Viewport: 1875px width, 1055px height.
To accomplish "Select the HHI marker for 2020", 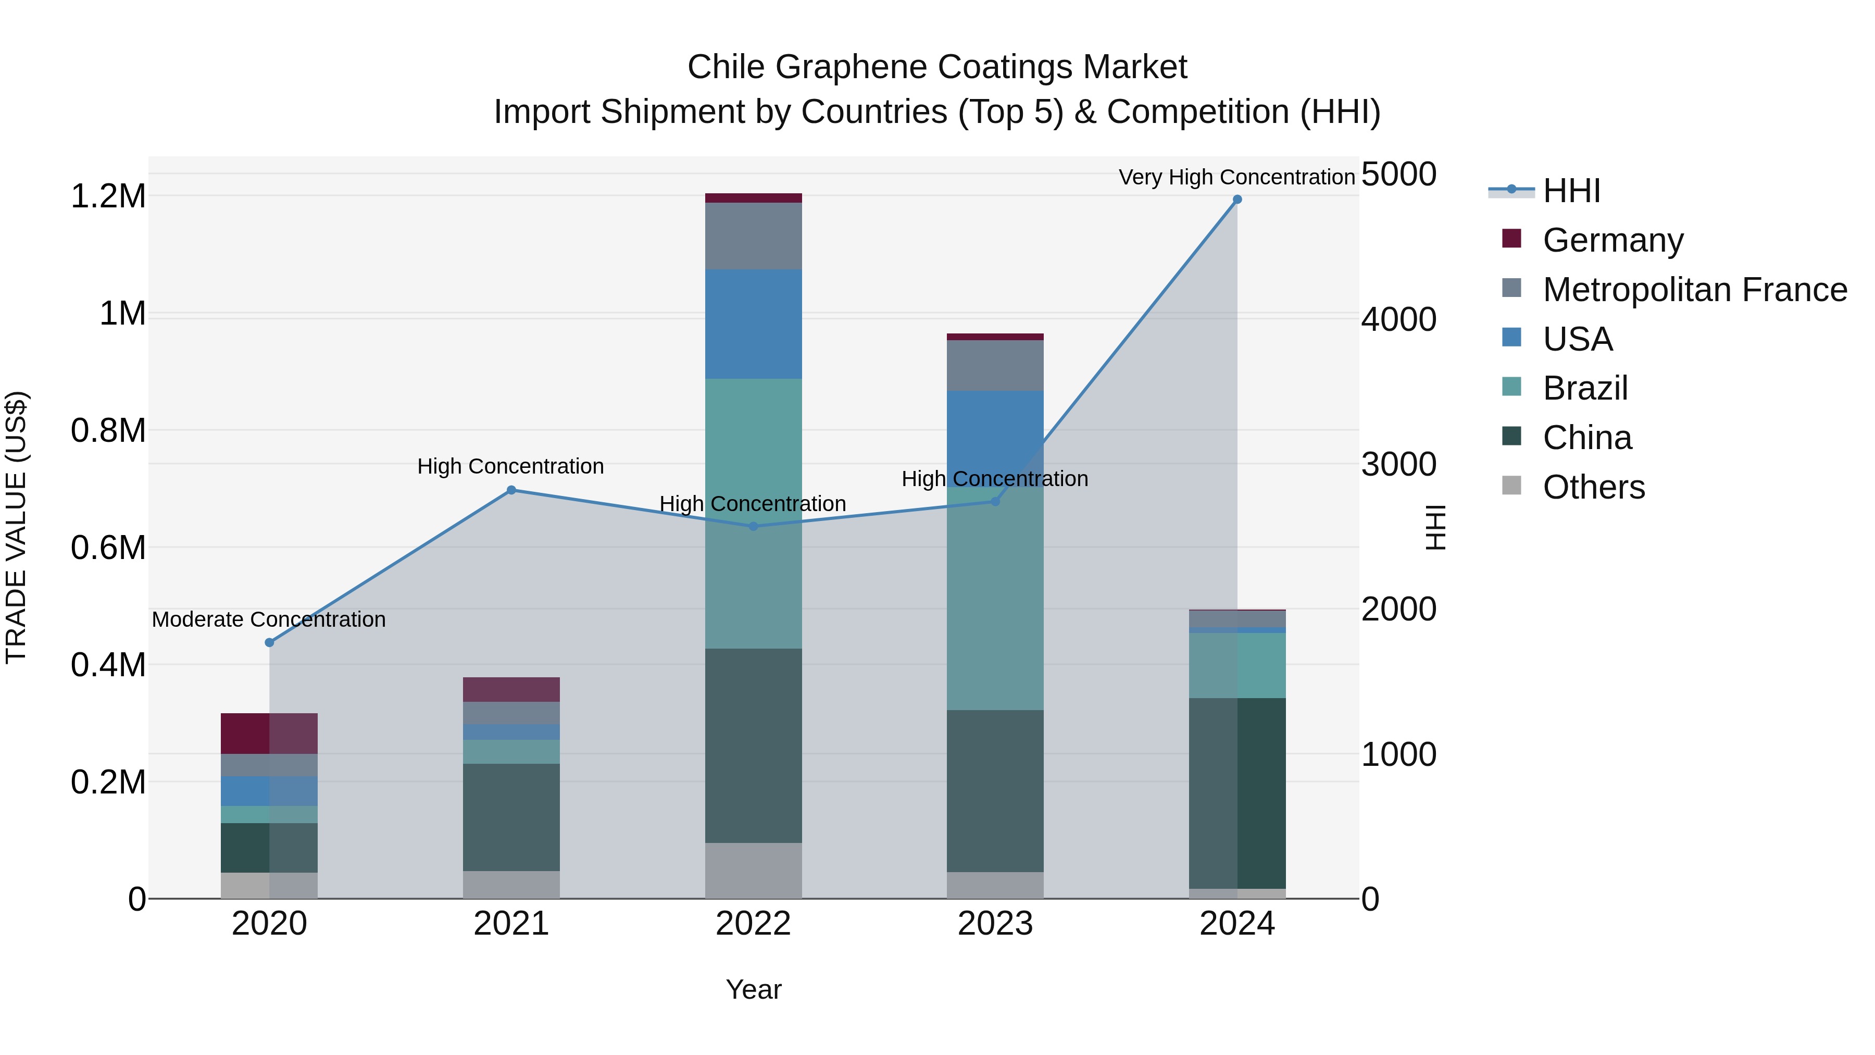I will tap(269, 642).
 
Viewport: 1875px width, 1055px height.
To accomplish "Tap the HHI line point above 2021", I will tap(511, 490).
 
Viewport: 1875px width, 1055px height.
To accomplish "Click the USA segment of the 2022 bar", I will tap(753, 324).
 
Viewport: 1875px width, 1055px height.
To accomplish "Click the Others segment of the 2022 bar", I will tap(753, 870).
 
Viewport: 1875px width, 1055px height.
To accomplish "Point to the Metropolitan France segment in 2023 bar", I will tap(995, 366).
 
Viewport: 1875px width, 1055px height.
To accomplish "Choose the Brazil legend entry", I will tap(1584, 388).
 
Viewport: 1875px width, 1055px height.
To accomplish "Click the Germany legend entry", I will tap(1612, 240).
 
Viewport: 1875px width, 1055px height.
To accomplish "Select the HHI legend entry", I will tap(1571, 191).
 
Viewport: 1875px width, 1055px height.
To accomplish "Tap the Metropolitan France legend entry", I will tap(1694, 290).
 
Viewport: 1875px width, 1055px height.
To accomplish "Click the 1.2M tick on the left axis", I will tap(108, 196).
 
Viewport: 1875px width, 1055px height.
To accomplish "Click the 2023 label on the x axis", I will tap(995, 924).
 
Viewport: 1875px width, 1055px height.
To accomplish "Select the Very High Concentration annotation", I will tap(1236, 177).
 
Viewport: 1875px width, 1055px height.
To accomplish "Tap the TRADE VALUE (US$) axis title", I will tap(16, 527).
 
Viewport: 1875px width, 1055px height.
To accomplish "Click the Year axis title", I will tap(753, 989).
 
